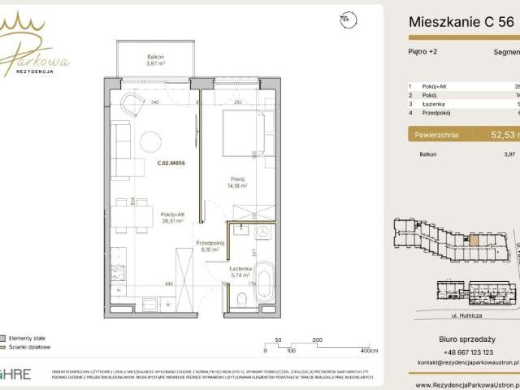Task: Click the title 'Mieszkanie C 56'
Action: click(461, 23)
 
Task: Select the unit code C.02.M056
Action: click(171, 162)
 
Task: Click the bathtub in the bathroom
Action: click(265, 284)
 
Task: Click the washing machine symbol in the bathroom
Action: click(262, 232)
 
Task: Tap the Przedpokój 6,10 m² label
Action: click(210, 246)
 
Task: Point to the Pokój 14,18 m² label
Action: click(237, 182)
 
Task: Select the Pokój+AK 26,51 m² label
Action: click(171, 216)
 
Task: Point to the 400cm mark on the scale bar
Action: click(369, 351)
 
